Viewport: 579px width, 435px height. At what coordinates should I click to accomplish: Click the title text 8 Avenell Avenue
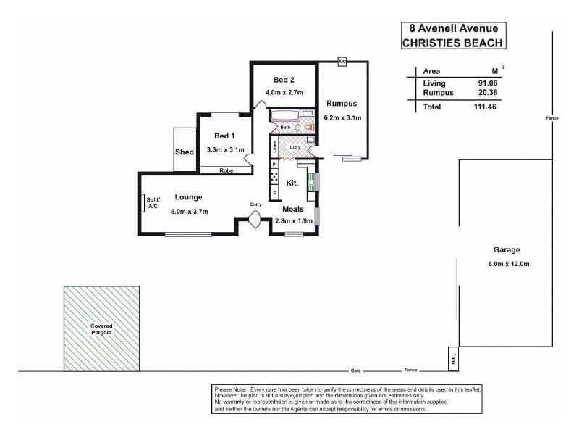453,29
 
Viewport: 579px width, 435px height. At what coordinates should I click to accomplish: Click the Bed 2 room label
284,80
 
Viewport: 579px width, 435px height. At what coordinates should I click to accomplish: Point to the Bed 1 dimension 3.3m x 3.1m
225,149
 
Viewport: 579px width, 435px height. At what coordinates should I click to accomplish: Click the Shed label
185,152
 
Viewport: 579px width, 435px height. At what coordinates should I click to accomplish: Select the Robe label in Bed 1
225,170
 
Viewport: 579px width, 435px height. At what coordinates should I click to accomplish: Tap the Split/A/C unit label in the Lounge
153,204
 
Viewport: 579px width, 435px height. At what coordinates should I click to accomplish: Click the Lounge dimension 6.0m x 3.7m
190,212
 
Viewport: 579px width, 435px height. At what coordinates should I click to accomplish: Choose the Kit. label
293,183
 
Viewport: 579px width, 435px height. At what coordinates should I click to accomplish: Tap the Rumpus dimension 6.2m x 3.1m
342,117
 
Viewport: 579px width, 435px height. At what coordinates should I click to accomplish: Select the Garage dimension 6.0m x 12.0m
509,263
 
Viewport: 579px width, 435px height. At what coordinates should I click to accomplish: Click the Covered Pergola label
101,328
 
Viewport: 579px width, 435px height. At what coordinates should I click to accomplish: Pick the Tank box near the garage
453,357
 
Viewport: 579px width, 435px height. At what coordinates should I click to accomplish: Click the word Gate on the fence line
355,370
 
